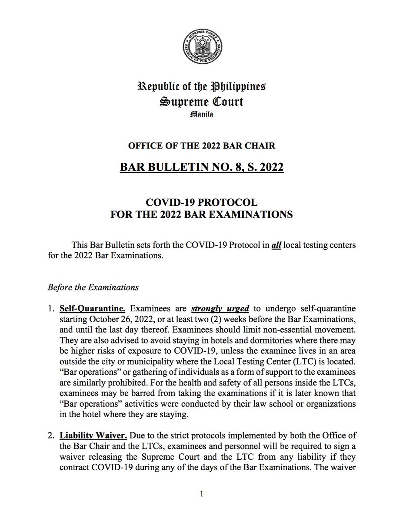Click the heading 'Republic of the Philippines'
pyautogui.click(x=201, y=86)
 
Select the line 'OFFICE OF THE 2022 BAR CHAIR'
pyautogui.click(x=201, y=145)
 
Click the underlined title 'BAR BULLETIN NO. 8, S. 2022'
pyautogui.click(x=201, y=167)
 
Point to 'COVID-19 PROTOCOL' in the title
pyautogui.click(x=201, y=203)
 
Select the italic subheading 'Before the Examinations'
pyautogui.click(x=93, y=287)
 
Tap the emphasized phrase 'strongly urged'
pyautogui.click(x=220, y=309)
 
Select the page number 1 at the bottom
pyautogui.click(x=202, y=494)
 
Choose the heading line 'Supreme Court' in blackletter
pyautogui.click(x=201, y=102)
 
